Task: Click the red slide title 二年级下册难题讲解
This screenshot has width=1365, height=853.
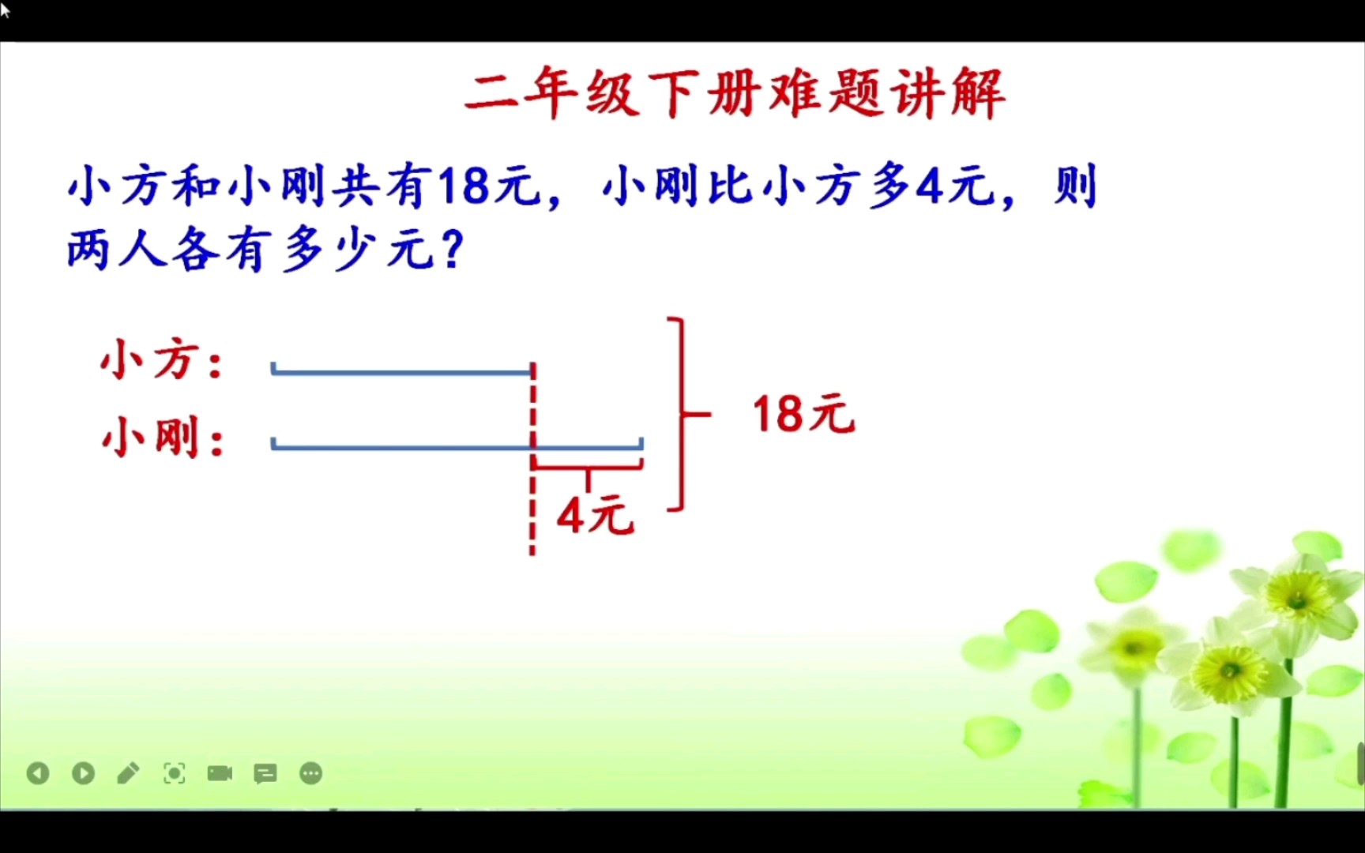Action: pos(735,94)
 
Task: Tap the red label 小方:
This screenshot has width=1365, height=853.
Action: pos(162,360)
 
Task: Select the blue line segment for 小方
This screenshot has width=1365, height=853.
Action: pos(401,371)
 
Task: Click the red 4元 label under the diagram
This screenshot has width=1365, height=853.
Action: pos(596,516)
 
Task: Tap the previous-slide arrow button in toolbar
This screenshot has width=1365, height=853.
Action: pos(38,773)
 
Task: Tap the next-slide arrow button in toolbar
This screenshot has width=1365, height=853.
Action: pos(83,773)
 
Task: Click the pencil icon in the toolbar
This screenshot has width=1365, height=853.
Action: pos(128,773)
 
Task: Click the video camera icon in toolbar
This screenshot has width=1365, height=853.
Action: pos(220,773)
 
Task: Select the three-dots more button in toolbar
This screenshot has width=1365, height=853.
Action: pos(311,773)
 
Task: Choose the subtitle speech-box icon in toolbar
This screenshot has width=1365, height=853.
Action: pos(265,773)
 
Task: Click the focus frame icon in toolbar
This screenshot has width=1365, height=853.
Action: pos(174,773)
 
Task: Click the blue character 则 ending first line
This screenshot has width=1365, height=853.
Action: pos(1076,187)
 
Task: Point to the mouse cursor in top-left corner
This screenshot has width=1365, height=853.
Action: pos(5,9)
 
